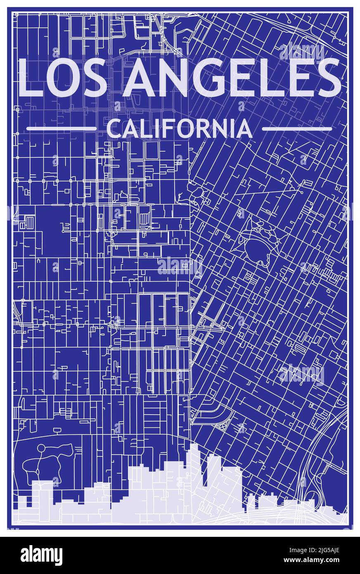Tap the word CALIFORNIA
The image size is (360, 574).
(179, 129)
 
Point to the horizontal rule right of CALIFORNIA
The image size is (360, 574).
(297, 129)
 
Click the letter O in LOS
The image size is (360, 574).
(64, 78)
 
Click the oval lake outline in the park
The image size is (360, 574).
(258, 248)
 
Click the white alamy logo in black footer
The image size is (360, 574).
(41, 555)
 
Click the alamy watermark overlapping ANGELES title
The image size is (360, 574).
(301, 52)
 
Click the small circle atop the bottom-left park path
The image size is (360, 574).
(40, 448)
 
